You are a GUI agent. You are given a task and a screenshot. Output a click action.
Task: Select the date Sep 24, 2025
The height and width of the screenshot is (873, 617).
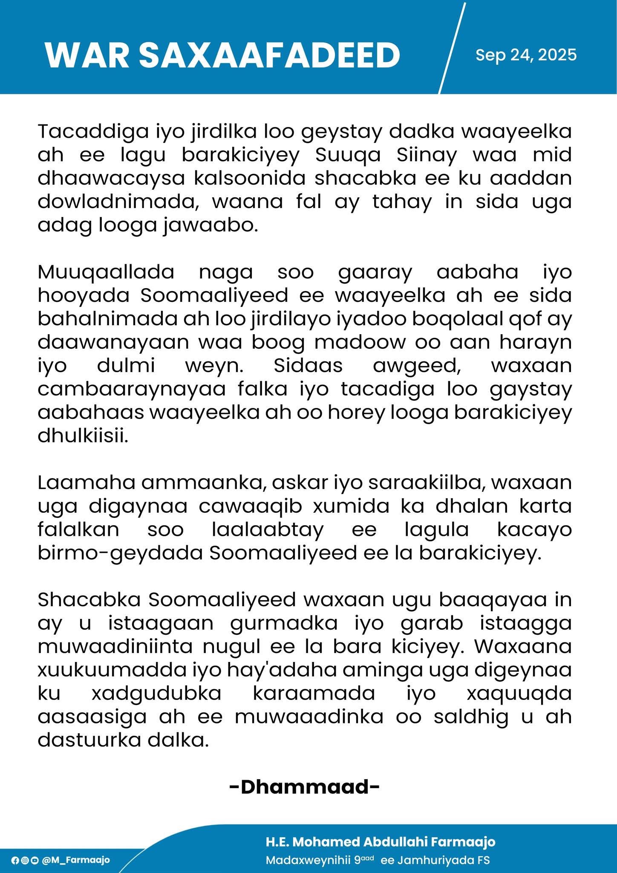pos(526,55)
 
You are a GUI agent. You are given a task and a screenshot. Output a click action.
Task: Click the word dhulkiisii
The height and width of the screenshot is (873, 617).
pos(83,436)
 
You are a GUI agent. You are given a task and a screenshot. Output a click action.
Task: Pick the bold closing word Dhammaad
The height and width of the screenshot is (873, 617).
pos(304,787)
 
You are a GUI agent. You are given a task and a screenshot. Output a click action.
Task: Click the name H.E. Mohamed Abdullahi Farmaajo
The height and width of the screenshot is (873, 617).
pos(381,842)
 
